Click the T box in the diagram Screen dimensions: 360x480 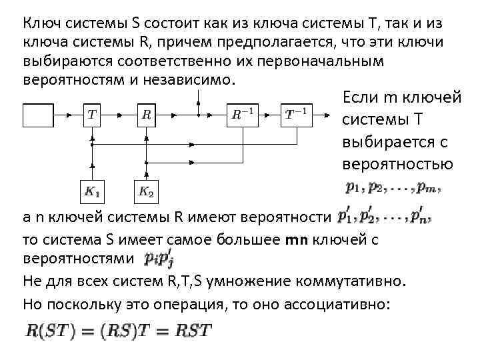91,115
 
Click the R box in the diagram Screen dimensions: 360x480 146,115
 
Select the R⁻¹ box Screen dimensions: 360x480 241,115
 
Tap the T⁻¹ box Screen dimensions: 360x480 296,115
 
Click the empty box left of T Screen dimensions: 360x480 38,115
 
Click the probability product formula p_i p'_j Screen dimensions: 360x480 161,258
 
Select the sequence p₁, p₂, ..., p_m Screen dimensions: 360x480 393,189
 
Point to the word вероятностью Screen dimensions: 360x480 397,165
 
